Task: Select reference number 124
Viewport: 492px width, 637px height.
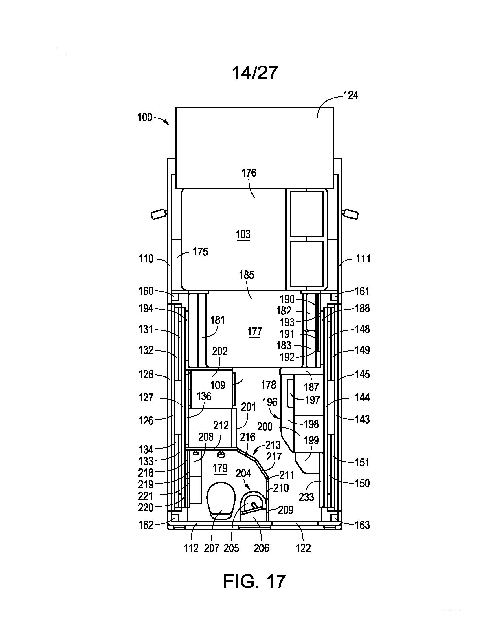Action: tap(350, 95)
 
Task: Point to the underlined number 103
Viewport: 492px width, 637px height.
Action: tap(243, 235)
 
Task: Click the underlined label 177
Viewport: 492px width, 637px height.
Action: tap(254, 332)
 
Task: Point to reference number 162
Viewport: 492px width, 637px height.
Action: tap(146, 525)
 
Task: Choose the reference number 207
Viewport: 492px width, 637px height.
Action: tap(212, 548)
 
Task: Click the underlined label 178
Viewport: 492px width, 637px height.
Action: tap(269, 385)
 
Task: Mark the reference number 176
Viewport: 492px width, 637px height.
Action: tap(249, 173)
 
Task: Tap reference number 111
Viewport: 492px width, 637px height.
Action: tap(363, 258)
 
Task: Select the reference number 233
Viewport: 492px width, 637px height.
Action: tap(306, 497)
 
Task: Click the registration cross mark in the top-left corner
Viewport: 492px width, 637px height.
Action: tap(58, 55)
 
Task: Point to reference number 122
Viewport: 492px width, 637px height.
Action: tap(303, 548)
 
